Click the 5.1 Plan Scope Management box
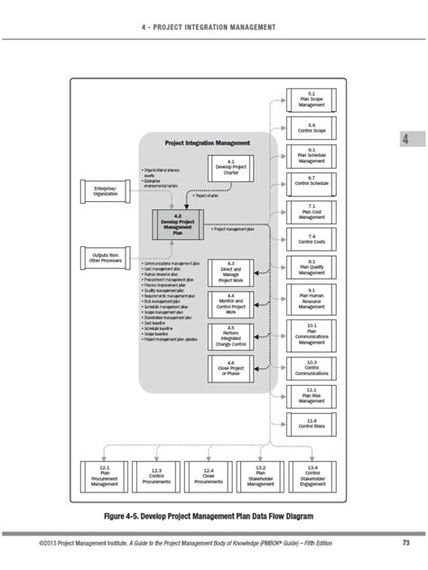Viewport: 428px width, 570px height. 312,99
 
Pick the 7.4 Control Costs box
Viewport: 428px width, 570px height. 312,239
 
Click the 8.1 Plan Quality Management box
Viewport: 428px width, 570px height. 312,267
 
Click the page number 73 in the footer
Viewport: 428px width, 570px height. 405,543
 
